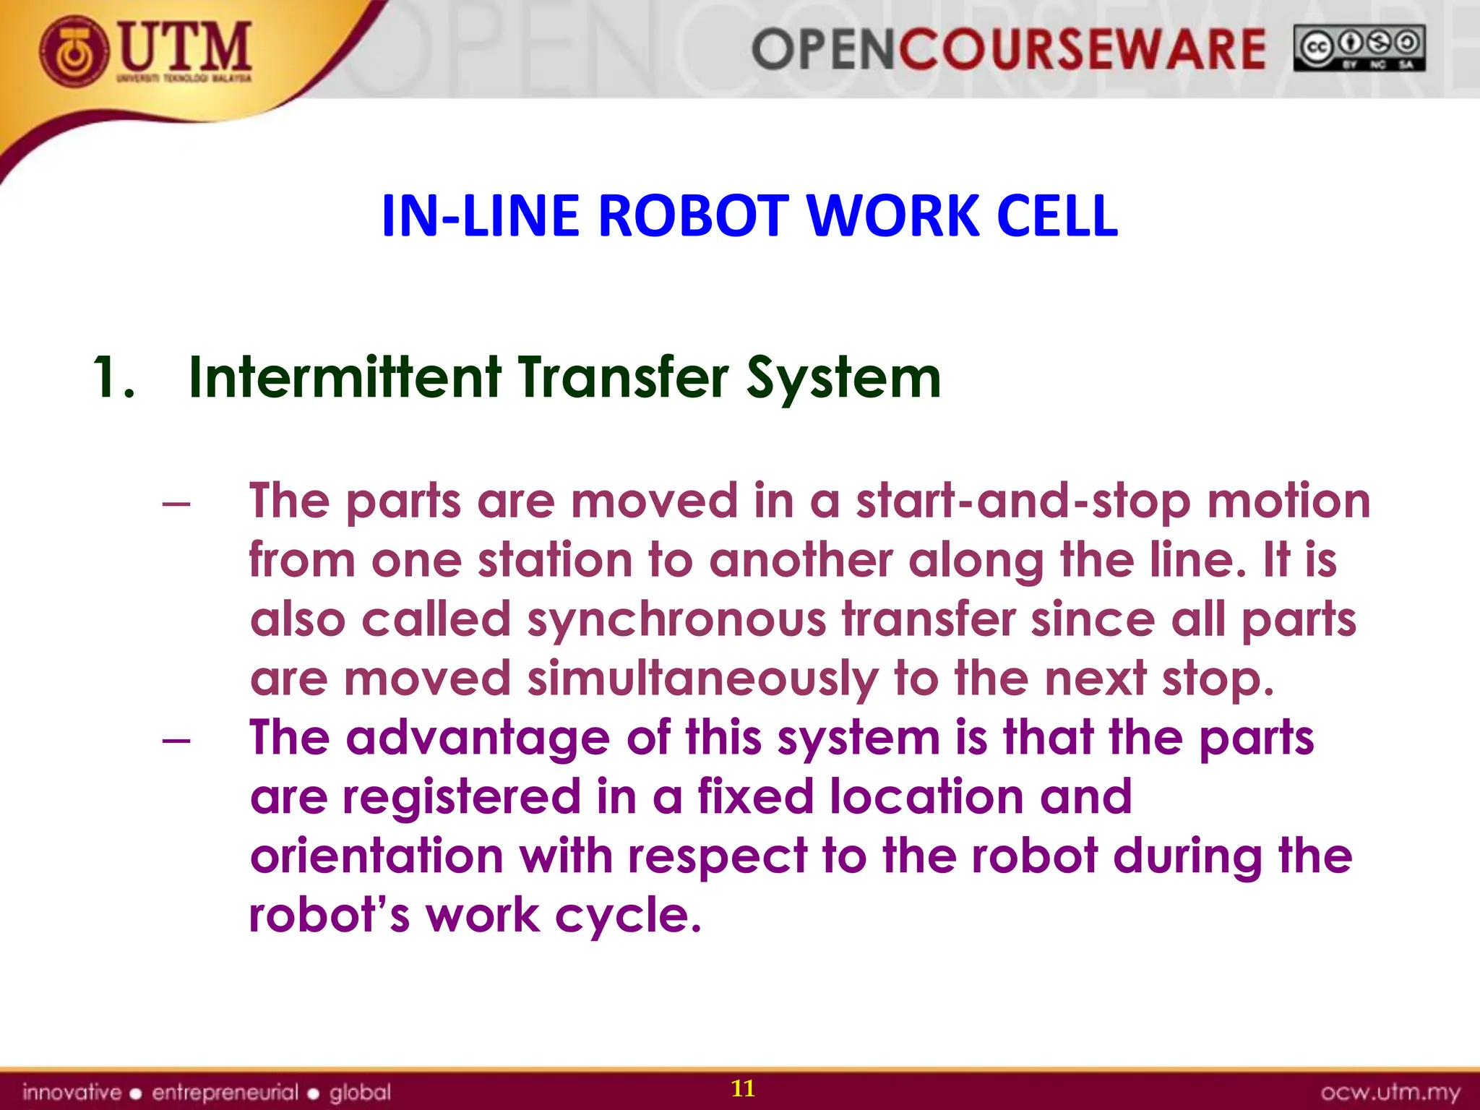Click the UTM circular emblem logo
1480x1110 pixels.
point(74,53)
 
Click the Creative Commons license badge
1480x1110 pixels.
point(1359,48)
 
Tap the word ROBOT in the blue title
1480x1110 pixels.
point(693,216)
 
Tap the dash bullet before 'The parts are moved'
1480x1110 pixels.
point(176,503)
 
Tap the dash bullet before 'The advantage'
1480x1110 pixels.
point(176,740)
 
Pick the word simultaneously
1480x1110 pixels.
point(702,680)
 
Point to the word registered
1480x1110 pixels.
point(462,798)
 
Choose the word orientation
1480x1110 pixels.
point(376,857)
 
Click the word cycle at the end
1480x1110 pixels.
point(628,916)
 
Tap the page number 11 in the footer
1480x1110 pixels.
point(743,1088)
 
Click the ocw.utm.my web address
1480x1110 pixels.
point(1390,1092)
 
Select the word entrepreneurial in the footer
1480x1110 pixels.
point(225,1092)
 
